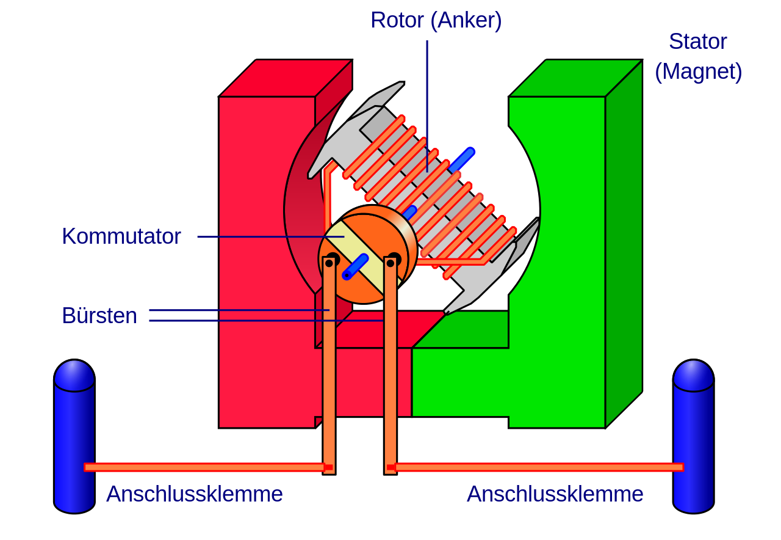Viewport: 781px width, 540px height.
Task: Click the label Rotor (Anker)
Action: pos(436,21)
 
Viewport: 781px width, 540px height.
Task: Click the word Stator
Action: pos(697,42)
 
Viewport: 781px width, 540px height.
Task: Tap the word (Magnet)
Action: pos(698,72)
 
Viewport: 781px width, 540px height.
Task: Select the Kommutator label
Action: pos(121,236)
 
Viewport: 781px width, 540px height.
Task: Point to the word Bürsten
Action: pos(99,316)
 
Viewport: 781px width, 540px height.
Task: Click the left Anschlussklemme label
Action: pos(194,494)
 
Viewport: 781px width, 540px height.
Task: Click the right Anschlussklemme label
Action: pos(555,494)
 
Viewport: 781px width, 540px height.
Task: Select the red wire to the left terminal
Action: pos(204,467)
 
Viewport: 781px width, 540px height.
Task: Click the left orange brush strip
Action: pos(329,367)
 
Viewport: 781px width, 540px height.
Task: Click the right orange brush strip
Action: pos(390,367)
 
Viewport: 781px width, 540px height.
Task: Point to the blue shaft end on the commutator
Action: pos(355,267)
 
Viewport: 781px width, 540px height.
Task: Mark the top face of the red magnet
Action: pos(285,78)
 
